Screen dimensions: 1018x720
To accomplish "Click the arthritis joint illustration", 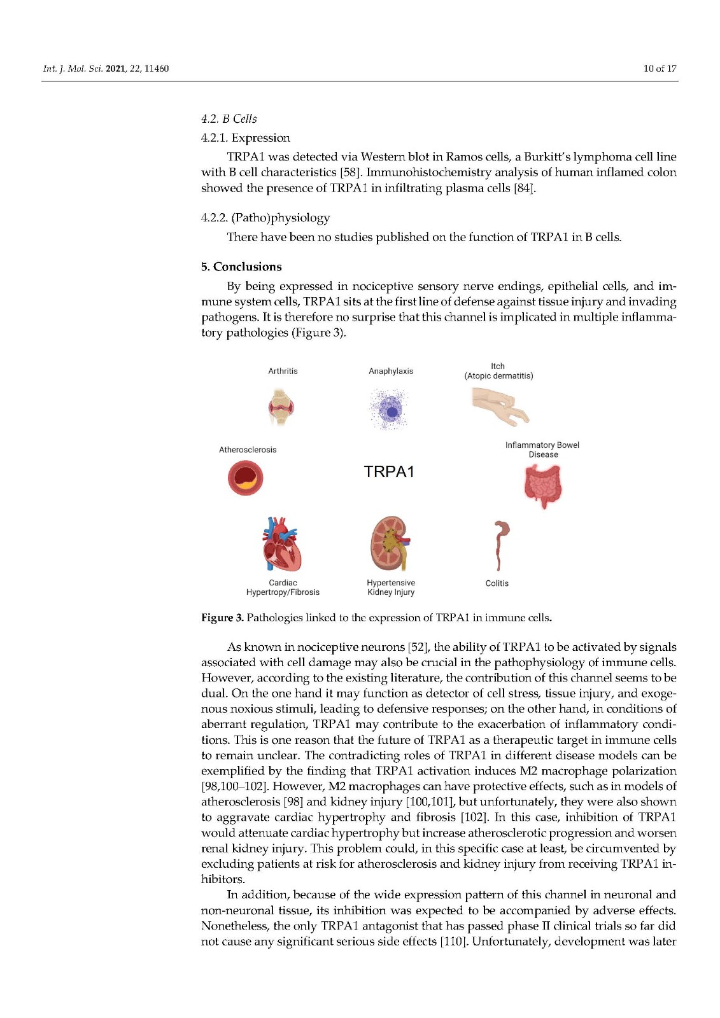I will click(281, 407).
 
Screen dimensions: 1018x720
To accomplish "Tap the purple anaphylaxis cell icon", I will click(390, 410).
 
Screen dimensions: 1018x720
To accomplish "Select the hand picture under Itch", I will click(500, 405).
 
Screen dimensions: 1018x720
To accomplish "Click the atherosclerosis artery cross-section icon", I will click(246, 478).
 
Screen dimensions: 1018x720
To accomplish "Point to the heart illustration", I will click(281, 545).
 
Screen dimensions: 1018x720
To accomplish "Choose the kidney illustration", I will click(389, 544).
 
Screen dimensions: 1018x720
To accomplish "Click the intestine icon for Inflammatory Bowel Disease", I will click(543, 485).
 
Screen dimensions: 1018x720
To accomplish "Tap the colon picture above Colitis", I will click(500, 545).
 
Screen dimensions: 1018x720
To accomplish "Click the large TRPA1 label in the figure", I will click(389, 471).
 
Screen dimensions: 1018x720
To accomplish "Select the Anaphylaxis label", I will click(391, 371).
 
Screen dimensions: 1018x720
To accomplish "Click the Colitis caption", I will click(497, 583).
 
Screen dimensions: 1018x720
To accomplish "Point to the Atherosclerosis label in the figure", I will click(248, 450).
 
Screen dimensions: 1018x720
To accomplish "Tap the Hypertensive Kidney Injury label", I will click(391, 587).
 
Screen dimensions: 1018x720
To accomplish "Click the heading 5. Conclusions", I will click(241, 267).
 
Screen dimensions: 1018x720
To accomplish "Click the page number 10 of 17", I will click(660, 69).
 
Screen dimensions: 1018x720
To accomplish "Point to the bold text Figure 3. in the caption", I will click(222, 618).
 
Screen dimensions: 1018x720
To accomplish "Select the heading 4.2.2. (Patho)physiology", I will click(265, 218).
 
